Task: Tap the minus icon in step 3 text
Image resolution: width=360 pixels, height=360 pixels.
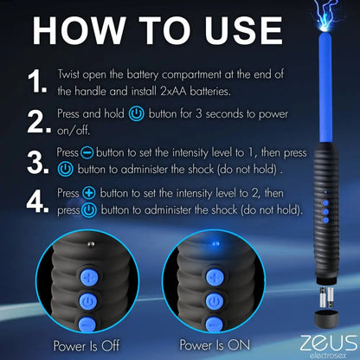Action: point(87,151)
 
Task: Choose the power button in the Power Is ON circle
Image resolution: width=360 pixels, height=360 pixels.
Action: point(212,300)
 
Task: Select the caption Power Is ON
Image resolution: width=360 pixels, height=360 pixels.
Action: point(210,344)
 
